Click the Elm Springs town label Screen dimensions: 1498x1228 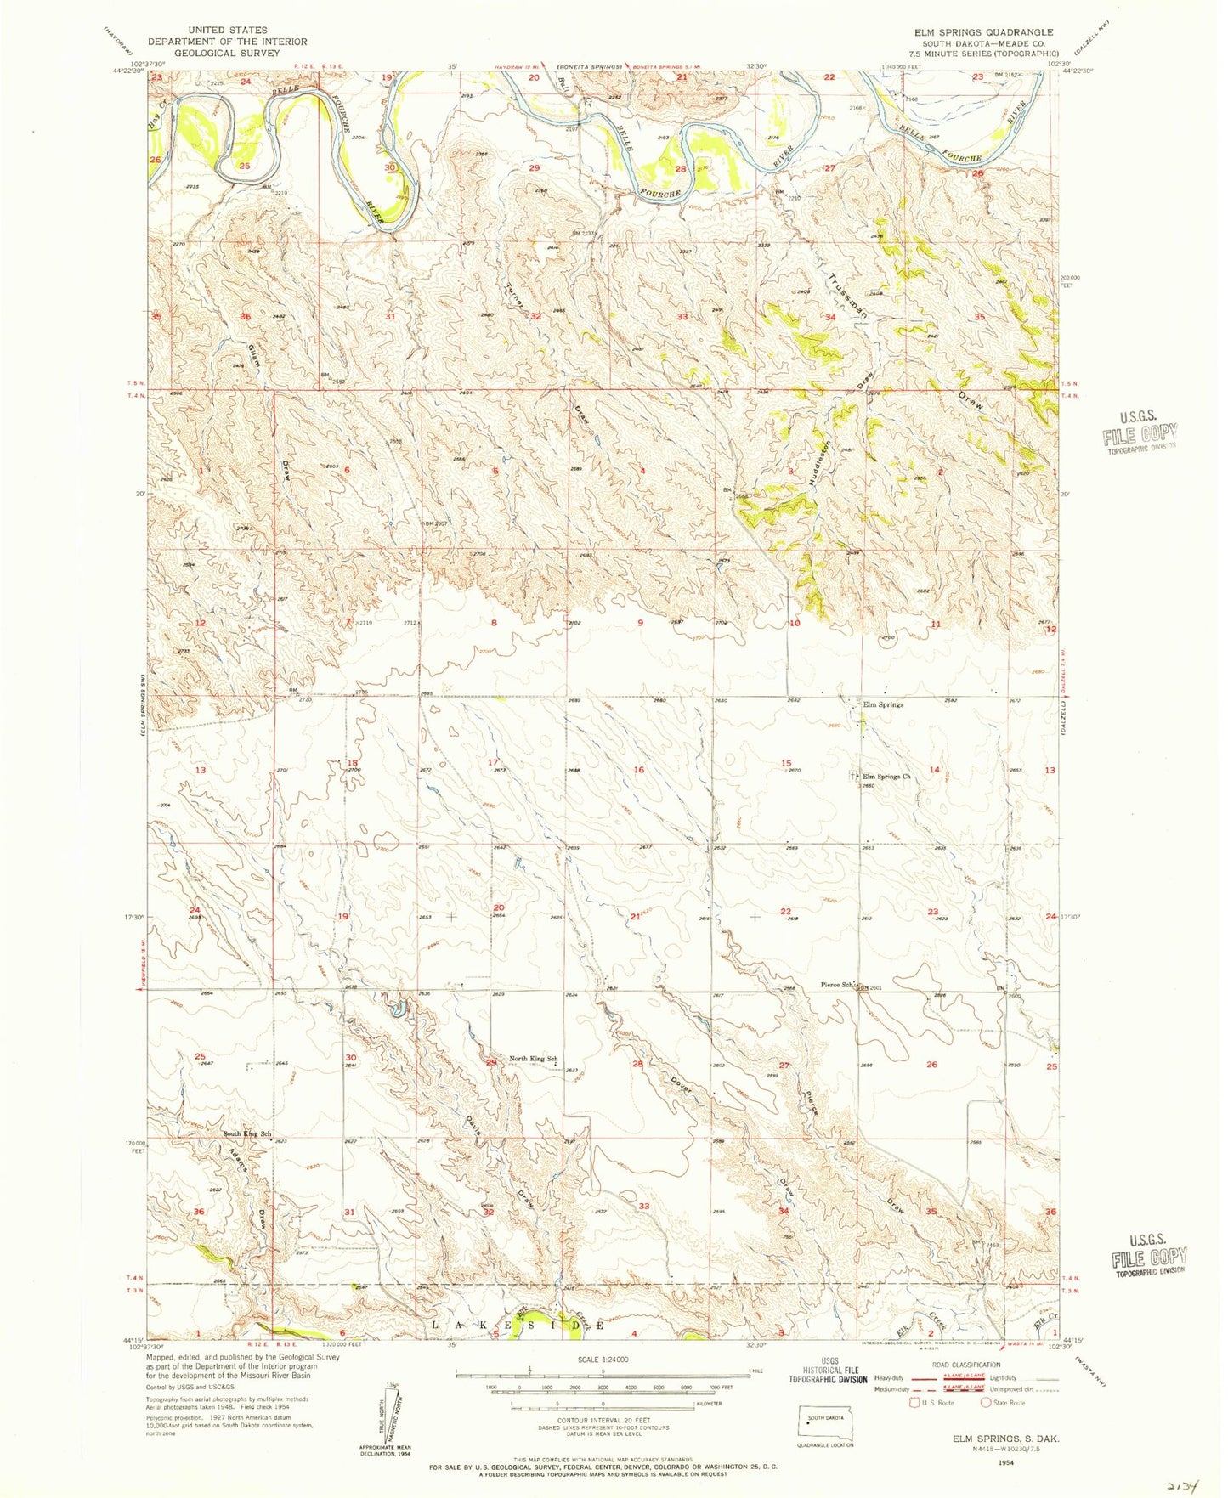click(883, 704)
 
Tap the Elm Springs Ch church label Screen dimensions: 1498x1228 click(886, 777)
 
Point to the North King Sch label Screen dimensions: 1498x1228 click(533, 1059)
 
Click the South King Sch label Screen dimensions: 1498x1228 click(247, 1134)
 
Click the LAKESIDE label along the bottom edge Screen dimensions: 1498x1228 click(518, 1325)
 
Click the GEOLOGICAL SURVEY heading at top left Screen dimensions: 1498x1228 click(227, 53)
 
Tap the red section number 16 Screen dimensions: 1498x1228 click(639, 770)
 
